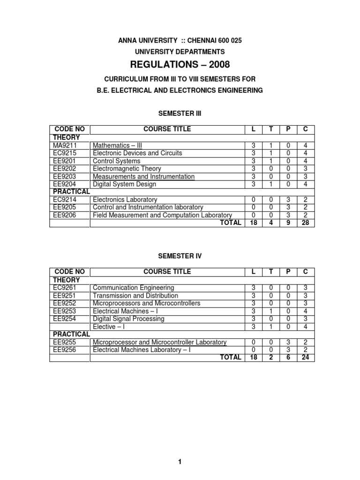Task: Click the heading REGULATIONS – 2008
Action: [180, 64]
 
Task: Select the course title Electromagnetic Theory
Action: [127, 168]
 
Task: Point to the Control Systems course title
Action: [116, 161]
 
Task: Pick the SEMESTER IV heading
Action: [180, 255]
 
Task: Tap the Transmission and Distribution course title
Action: [135, 295]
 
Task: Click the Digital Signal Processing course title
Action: [128, 319]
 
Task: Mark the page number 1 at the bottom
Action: [180, 449]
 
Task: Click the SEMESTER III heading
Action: [180, 113]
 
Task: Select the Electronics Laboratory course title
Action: [125, 200]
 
